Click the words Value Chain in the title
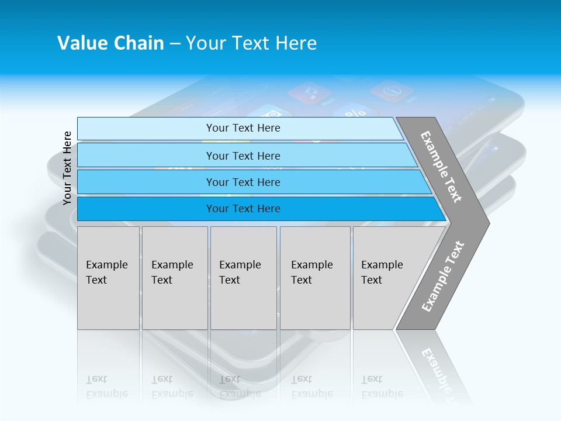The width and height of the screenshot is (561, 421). coord(110,43)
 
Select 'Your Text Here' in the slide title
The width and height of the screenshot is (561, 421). coord(251,43)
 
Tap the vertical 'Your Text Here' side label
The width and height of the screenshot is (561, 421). coord(67,168)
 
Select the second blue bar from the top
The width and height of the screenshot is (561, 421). coord(243,156)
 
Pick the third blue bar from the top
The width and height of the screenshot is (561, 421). coord(243,182)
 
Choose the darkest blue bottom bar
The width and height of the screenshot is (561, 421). coord(243,209)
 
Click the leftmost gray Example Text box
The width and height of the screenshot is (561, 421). coord(108,278)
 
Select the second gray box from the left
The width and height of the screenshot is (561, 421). coord(174,278)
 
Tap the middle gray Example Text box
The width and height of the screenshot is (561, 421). coord(243,278)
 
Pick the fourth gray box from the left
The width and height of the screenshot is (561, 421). coord(315,278)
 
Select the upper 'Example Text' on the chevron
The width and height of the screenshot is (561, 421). coord(442,167)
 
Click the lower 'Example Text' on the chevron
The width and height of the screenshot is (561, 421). coord(443,277)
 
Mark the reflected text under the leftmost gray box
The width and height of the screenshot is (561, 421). coord(106,387)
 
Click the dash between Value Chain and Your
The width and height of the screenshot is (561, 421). coord(175,44)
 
